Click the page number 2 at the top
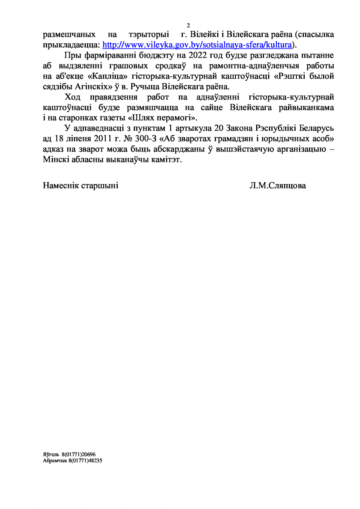click(x=188, y=26)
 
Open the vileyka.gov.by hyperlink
click(x=197, y=44)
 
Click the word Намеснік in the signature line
click(x=61, y=186)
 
